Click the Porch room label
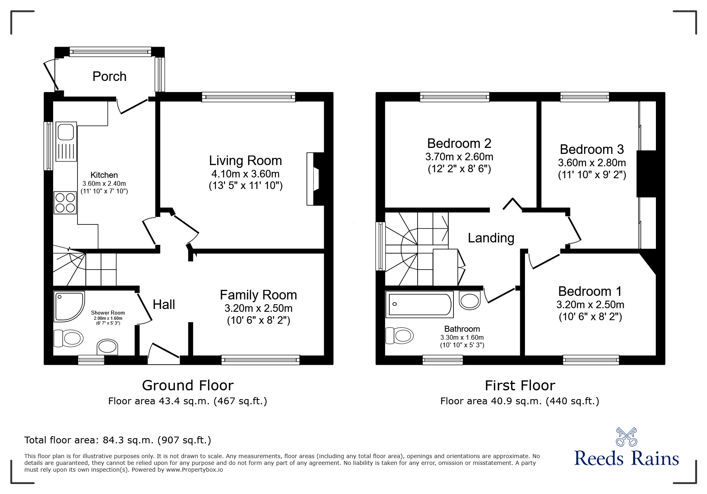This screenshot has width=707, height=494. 109,76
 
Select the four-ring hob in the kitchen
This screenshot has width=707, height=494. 65,203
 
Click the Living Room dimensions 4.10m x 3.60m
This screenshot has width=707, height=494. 245,174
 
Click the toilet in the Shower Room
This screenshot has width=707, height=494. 69,338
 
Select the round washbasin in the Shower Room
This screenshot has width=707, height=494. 107,346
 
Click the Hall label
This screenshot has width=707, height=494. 164,305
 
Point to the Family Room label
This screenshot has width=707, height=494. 258,295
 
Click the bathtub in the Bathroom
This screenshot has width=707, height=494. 419,305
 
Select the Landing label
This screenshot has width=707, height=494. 491,238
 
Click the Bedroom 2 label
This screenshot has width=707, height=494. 459,143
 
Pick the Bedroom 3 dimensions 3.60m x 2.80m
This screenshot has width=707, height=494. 592,163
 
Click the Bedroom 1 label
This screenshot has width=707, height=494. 590,291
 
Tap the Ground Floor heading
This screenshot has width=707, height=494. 188,386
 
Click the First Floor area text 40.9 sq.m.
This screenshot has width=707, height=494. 519,401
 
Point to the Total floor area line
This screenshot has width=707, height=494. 118,440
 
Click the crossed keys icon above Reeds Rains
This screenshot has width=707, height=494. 626,437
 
